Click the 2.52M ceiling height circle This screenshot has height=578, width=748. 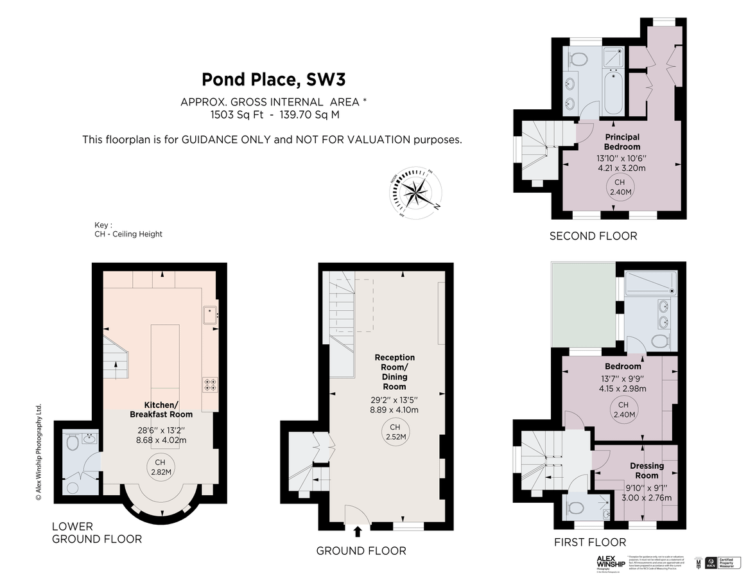coord(394,432)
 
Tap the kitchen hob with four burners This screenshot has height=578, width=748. coord(210,384)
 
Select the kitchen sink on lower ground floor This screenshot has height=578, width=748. coord(211,315)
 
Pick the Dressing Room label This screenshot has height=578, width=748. coord(646,471)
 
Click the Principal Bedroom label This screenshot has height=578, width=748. coord(622,142)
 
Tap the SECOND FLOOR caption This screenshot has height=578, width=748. coord(593,236)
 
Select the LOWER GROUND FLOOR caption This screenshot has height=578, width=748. coord(96,532)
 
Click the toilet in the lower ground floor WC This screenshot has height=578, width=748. coord(71,442)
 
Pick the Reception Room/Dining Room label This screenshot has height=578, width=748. coord(394,372)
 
